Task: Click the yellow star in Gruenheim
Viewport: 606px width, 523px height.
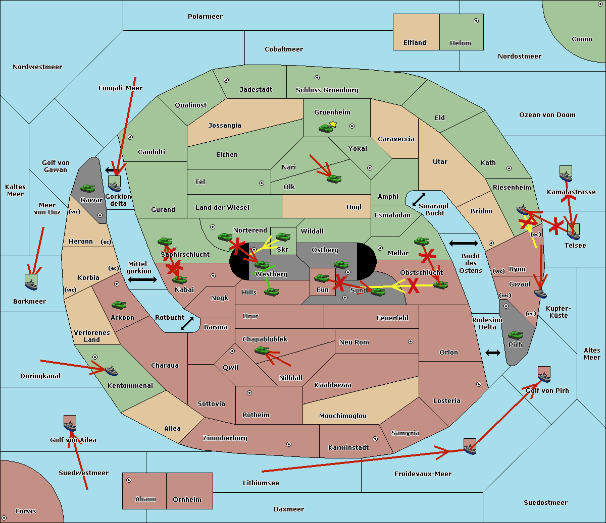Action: tap(333, 124)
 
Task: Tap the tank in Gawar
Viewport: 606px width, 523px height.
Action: tap(88, 189)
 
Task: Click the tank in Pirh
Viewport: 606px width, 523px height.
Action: tap(515, 335)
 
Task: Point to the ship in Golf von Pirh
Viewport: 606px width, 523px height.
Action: tap(544, 375)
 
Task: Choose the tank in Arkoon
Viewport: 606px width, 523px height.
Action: tap(119, 305)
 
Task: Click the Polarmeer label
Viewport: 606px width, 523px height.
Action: tap(205, 17)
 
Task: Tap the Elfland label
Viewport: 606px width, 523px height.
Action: tap(415, 43)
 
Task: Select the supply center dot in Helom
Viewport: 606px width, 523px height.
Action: tap(476, 21)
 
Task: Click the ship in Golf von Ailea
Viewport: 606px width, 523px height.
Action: tap(70, 424)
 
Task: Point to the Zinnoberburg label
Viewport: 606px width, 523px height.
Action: tap(225, 438)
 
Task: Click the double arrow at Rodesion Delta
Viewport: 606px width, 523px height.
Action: tap(493, 353)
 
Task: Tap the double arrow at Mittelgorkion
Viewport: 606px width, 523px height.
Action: tap(142, 279)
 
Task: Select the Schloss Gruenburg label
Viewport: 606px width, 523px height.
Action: tap(327, 90)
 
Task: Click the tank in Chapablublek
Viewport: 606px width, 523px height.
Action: tap(262, 350)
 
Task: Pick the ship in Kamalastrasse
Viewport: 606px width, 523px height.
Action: tap(566, 175)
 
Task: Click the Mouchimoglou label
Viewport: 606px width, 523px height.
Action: tap(342, 416)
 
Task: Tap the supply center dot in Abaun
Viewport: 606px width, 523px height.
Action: tap(129, 480)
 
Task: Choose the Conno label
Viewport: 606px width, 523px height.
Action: tap(582, 39)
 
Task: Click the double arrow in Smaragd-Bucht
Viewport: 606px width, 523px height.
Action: tap(419, 200)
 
